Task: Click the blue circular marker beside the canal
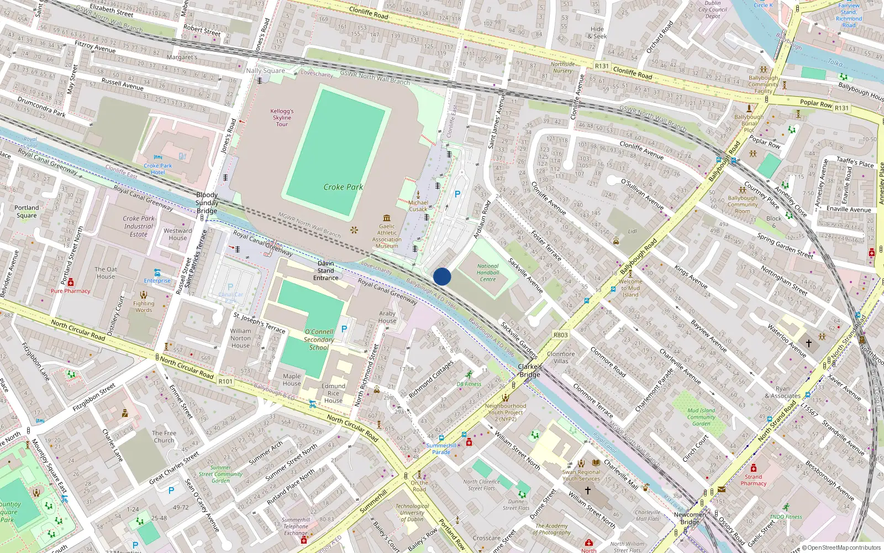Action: click(x=442, y=276)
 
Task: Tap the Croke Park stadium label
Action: click(x=343, y=187)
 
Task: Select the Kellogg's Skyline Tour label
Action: click(x=282, y=117)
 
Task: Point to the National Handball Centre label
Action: click(x=488, y=273)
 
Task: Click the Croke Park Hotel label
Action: click(x=158, y=169)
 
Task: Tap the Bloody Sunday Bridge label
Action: click(x=207, y=202)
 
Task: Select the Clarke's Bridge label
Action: click(x=529, y=371)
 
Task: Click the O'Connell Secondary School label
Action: click(x=319, y=340)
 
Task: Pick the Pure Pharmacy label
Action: click(x=70, y=291)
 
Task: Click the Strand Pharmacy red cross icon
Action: click(x=753, y=468)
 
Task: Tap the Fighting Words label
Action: click(x=144, y=306)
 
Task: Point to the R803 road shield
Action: click(x=560, y=335)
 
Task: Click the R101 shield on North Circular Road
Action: click(x=225, y=381)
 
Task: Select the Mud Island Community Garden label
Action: click(x=701, y=417)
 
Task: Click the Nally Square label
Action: click(x=265, y=70)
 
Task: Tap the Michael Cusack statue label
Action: click(x=418, y=206)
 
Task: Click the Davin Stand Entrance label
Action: click(x=325, y=270)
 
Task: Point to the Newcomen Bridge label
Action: click(x=690, y=518)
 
